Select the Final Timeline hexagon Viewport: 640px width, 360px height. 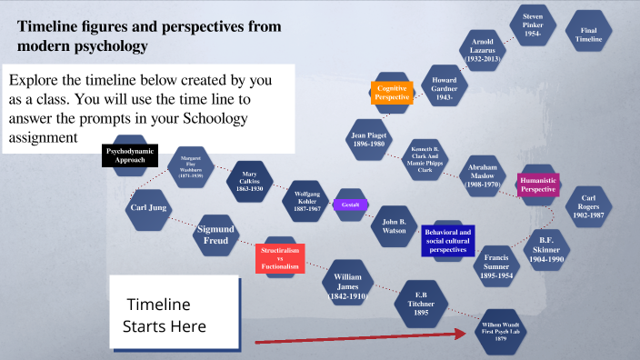589,35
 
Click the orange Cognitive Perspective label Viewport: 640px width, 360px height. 392,92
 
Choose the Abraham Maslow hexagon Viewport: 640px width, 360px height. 482,174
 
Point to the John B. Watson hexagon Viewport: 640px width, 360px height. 395,226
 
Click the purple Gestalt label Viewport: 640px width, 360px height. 350,205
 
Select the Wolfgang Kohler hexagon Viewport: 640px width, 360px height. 307,200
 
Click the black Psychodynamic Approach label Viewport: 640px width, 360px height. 130,155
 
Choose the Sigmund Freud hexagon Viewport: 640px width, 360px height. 216,235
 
